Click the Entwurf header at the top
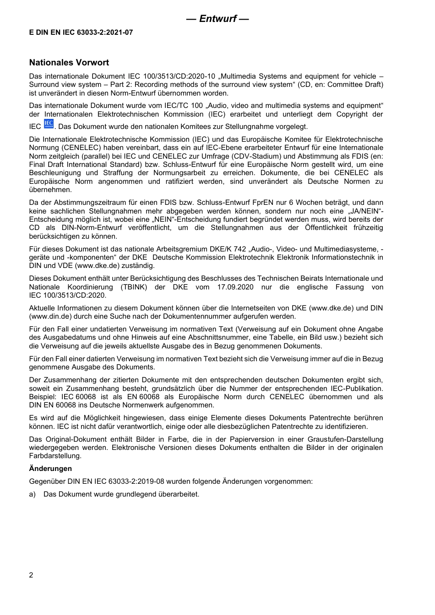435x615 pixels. (217, 19)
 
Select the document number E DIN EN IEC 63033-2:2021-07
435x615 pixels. (81, 32)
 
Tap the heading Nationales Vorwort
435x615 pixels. (69, 63)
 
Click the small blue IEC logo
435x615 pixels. (49, 124)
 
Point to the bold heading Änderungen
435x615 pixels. (50, 468)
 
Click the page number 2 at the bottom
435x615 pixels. (31, 575)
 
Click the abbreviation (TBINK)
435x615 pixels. (134, 287)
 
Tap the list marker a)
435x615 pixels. (32, 494)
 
